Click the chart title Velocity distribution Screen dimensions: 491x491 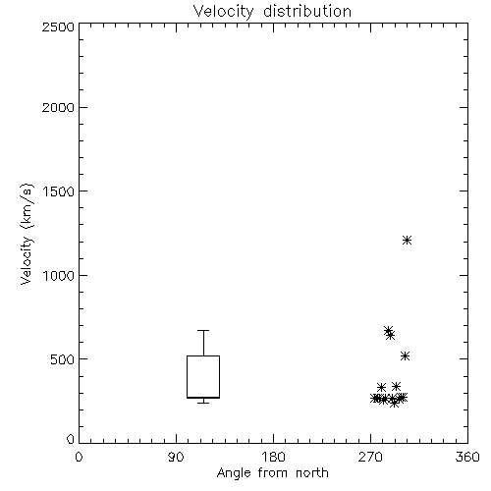click(x=272, y=12)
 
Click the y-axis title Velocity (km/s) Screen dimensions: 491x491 click(x=27, y=234)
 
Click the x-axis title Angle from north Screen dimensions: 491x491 click(x=272, y=472)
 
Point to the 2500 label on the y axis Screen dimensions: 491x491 click(x=58, y=27)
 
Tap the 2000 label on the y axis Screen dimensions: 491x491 click(x=58, y=107)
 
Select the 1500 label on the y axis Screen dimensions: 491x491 click(x=59, y=191)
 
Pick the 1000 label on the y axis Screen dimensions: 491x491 click(x=59, y=275)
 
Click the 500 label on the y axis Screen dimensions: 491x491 click(x=63, y=359)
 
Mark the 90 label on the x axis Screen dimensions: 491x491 click(x=176, y=457)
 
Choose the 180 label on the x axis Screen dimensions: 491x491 click(x=273, y=457)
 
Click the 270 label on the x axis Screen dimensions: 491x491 click(x=370, y=457)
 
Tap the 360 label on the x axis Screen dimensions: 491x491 click(x=467, y=457)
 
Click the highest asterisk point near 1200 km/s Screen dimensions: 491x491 click(x=407, y=241)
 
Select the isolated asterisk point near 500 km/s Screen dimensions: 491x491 click(x=406, y=356)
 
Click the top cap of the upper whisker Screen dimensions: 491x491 click(x=203, y=331)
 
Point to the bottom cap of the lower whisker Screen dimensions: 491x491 click(x=203, y=403)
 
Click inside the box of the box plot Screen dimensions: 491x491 click(x=203, y=376)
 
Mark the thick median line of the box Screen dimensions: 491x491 click(x=203, y=398)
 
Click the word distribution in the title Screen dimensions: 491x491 click(x=307, y=12)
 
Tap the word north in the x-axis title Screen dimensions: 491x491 click(x=312, y=472)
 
